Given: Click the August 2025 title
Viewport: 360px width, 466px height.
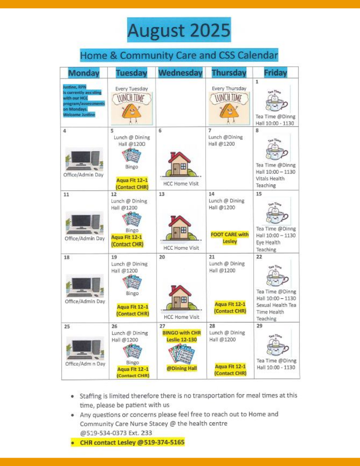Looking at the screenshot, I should coord(179,30).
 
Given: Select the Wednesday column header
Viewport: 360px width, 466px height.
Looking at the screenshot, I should coord(180,73).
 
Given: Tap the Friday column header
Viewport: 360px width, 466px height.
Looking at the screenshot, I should coord(275,73).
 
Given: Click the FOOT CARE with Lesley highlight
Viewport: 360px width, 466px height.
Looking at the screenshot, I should coord(230,238).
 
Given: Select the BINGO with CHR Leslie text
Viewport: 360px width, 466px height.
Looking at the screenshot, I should coord(182,336).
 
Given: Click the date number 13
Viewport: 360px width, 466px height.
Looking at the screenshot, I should coord(162,194).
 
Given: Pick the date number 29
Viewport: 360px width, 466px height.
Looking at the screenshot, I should coord(259,326).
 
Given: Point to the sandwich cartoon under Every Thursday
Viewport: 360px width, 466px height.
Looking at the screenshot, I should coord(228,110).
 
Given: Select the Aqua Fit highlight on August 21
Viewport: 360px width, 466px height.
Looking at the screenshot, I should coord(230,308).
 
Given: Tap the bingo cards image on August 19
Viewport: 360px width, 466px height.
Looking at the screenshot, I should coord(132,281).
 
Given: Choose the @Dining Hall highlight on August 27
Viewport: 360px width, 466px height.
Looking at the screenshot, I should coord(182,369).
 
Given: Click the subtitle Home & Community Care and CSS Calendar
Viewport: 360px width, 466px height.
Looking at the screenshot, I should coord(179,55).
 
